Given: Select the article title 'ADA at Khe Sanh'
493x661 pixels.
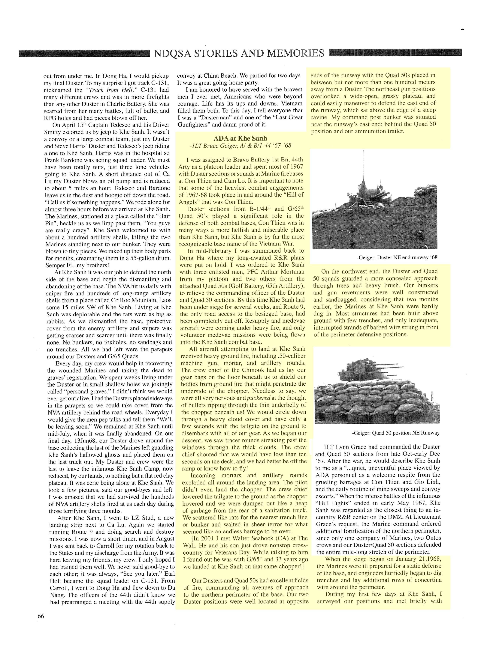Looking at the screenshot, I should click(240, 138).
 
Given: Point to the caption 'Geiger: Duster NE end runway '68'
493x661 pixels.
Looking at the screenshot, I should click(397, 257).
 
